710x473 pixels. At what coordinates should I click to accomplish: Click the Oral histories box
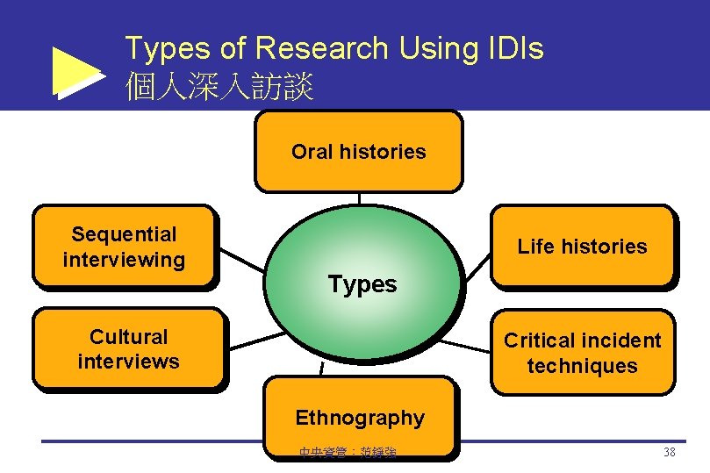coord(358,151)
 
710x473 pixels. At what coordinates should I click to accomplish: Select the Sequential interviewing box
coord(124,247)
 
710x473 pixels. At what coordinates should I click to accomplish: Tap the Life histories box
coord(582,247)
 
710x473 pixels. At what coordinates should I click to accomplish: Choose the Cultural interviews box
coord(128,348)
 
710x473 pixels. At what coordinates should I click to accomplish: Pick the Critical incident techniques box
coord(582,353)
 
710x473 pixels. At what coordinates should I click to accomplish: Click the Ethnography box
coord(360,418)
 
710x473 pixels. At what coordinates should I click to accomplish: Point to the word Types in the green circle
coord(362,284)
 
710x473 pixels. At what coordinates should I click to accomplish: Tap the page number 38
coord(669,453)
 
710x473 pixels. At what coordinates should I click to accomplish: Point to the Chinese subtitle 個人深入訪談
coord(219,87)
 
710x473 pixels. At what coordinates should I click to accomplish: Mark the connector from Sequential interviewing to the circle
coord(241,261)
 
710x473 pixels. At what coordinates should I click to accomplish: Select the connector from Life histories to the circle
coord(477,265)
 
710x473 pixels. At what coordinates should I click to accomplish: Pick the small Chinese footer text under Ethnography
coord(348,453)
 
